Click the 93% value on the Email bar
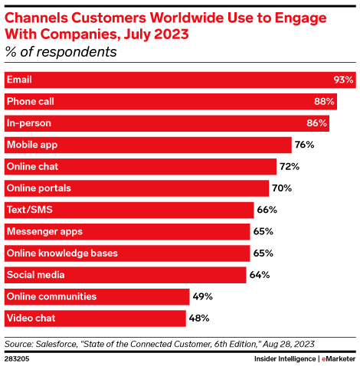tap(343, 80)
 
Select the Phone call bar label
tap(30, 101)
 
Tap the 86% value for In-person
tap(317, 123)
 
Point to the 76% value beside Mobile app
tap(304, 145)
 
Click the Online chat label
tap(32, 166)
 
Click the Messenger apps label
tap(44, 230)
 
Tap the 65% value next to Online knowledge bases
tap(263, 253)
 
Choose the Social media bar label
tap(35, 274)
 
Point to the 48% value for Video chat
tap(198, 317)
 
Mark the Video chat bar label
tap(30, 317)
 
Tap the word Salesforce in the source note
tap(67, 343)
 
